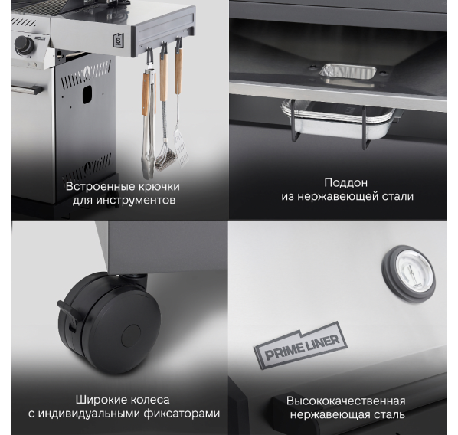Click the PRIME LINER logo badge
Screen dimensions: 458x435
300,345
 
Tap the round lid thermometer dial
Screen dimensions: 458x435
408,273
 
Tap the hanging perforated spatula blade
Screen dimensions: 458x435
181,149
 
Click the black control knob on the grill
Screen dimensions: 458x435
25,44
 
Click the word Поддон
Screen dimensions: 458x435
346,182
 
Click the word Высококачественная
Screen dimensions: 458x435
346,401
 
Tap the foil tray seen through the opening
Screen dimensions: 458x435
348,71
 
